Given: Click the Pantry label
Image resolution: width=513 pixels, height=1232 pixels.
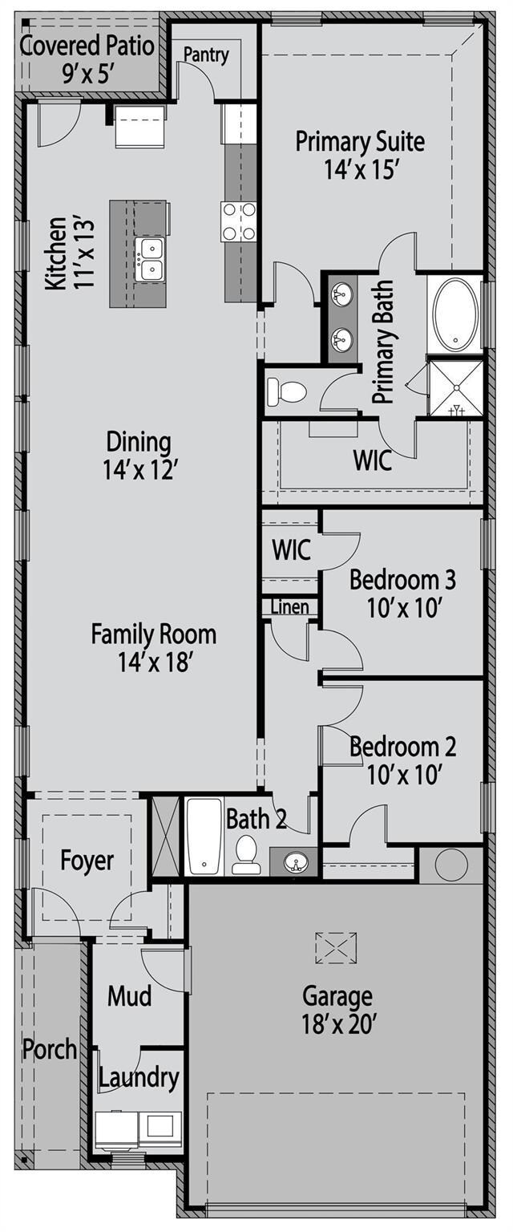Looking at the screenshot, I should (206, 55).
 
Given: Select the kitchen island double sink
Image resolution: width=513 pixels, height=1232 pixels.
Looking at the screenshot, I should (149, 258).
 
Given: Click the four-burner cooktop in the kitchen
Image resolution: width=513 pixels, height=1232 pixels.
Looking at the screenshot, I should (239, 221).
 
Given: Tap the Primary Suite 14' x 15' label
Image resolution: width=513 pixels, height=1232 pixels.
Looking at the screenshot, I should (360, 156).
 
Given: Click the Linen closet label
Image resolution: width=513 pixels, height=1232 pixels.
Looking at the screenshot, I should (289, 607).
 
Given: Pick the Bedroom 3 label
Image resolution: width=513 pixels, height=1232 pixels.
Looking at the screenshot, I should (402, 593).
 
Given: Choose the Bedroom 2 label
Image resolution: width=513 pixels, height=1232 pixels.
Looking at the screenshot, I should (402, 760).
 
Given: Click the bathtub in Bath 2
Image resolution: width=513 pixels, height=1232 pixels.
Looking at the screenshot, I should (204, 837).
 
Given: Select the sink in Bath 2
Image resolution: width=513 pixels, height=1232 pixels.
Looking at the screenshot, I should (294, 862).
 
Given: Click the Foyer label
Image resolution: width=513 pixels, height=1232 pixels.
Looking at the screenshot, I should (87, 861).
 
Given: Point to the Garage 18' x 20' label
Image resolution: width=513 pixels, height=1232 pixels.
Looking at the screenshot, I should (337, 1009).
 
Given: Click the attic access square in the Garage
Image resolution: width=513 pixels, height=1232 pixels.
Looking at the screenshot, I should (336, 947).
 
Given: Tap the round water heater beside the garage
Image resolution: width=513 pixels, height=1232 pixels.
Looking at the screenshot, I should (449, 865).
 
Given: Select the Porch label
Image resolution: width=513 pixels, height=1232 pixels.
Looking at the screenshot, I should (50, 1048).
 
